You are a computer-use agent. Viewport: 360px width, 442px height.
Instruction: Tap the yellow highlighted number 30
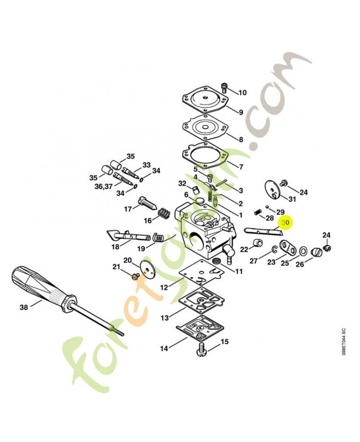pyautogui.click(x=285, y=223)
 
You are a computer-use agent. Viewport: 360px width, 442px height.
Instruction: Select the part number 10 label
pyautogui.click(x=242, y=92)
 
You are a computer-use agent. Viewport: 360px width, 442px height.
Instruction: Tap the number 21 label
pyautogui.click(x=117, y=267)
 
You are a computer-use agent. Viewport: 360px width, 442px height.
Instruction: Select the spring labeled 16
pyautogui.click(x=164, y=213)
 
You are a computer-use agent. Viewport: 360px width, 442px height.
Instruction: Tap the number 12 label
pyautogui.click(x=164, y=287)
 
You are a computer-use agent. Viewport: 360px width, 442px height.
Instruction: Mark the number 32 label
pyautogui.click(x=182, y=183)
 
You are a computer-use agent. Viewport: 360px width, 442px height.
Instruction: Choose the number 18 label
pyautogui.click(x=115, y=247)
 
